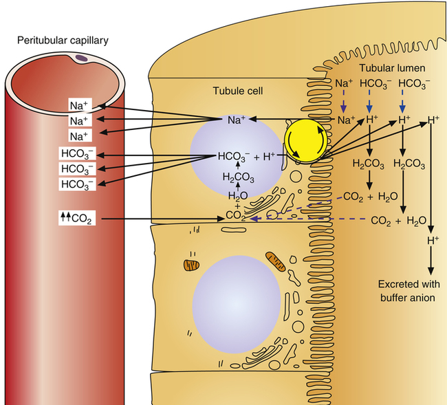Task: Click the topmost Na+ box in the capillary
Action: pyautogui.click(x=77, y=106)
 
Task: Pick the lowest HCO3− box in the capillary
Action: pyautogui.click(x=77, y=184)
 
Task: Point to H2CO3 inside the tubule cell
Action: pyautogui.click(x=235, y=177)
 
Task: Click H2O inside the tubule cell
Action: pyautogui.click(x=235, y=195)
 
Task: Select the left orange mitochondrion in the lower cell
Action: pyautogui.click(x=190, y=264)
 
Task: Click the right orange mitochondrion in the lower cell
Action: pyautogui.click(x=276, y=261)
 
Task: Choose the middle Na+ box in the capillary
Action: pyautogui.click(x=77, y=120)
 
